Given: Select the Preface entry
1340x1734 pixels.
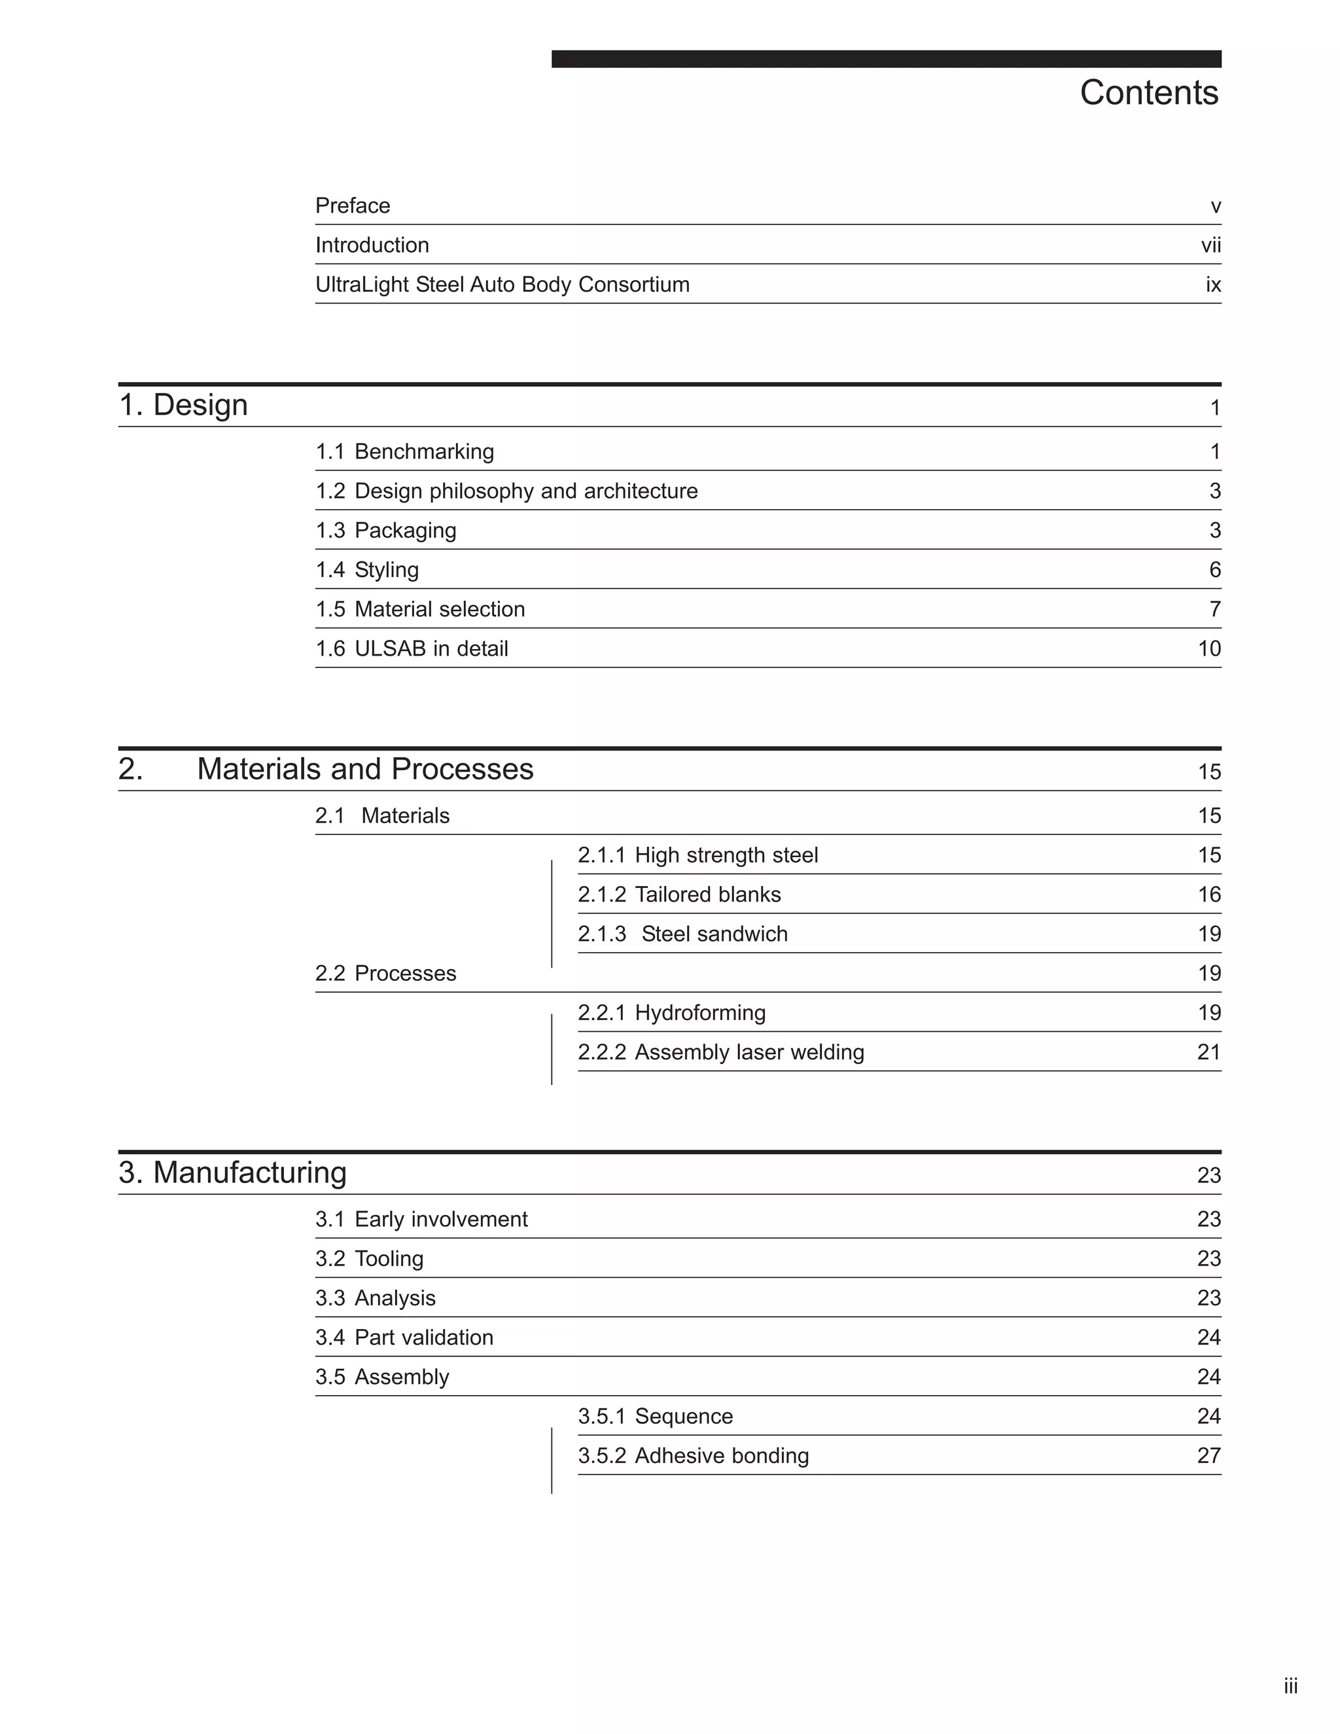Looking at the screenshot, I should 353,205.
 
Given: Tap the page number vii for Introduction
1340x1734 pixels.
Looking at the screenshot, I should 1210,245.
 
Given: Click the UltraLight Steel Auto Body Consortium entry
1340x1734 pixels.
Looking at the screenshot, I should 502,284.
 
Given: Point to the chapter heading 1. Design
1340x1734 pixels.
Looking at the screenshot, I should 183,405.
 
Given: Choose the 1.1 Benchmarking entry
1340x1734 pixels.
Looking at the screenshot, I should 404,451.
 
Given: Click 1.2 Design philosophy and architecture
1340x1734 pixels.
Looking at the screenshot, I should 506,491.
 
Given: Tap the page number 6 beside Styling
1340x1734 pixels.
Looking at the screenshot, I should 1214,570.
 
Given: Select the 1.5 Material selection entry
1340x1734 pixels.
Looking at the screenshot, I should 420,609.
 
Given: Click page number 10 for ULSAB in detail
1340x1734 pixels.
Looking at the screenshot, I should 1209,648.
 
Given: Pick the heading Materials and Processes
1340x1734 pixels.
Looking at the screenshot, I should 364,769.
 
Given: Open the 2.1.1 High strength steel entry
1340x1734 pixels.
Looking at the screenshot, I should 697,855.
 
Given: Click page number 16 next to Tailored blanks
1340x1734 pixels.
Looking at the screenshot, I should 1209,894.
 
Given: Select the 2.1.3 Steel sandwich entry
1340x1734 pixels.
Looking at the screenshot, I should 682,934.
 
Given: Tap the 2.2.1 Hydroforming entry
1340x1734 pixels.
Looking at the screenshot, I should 671,1012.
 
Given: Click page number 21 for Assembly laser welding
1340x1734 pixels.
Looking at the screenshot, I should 1208,1052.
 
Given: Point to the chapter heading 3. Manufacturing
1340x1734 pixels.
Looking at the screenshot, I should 232,1173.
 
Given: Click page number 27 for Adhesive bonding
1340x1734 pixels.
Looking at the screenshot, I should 1208,1455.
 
